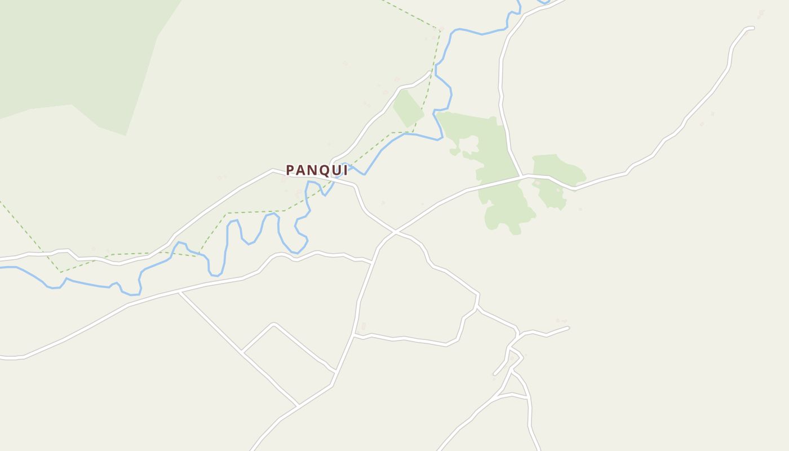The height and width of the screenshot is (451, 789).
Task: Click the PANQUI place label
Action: pyautogui.click(x=316, y=170)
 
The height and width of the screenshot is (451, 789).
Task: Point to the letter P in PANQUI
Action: pyautogui.click(x=290, y=170)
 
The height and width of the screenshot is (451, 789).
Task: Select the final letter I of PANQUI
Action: pyautogui.click(x=345, y=170)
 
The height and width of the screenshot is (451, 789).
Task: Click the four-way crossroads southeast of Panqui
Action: pyautogui.click(x=396, y=231)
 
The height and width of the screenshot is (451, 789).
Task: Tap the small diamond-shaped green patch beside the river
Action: pyautogui.click(x=408, y=108)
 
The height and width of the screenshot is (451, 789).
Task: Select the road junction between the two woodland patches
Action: pyautogui.click(x=522, y=176)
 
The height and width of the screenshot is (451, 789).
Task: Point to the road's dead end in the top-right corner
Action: pyautogui.click(x=752, y=28)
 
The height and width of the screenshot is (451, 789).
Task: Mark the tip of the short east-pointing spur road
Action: pyautogui.click(x=568, y=328)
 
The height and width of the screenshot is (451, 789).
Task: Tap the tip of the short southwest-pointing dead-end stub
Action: pyautogui.click(x=495, y=374)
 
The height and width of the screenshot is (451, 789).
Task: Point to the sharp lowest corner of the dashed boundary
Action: pyautogui.click(x=61, y=272)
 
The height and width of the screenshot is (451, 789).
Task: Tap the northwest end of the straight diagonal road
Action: pyautogui.click(x=180, y=293)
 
